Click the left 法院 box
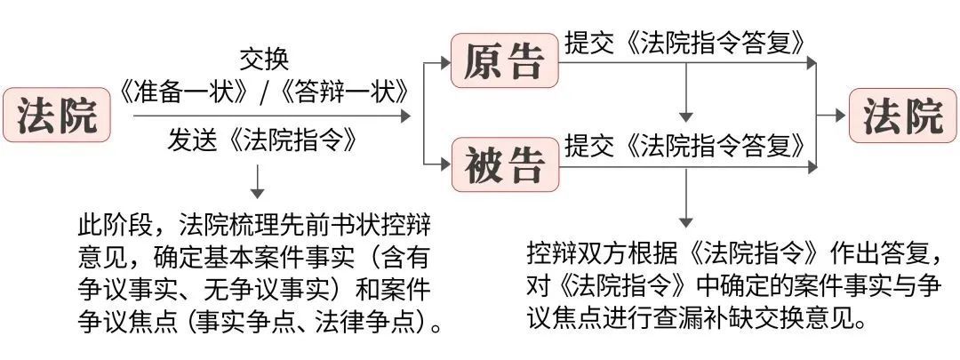pyautogui.click(x=57, y=116)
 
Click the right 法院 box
pyautogui.click(x=903, y=116)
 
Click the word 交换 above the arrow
pyautogui.click(x=265, y=60)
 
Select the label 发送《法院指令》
pyautogui.click(x=265, y=140)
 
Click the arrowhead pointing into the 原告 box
pyautogui.click(x=444, y=63)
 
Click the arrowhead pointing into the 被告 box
pyautogui.click(x=444, y=164)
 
